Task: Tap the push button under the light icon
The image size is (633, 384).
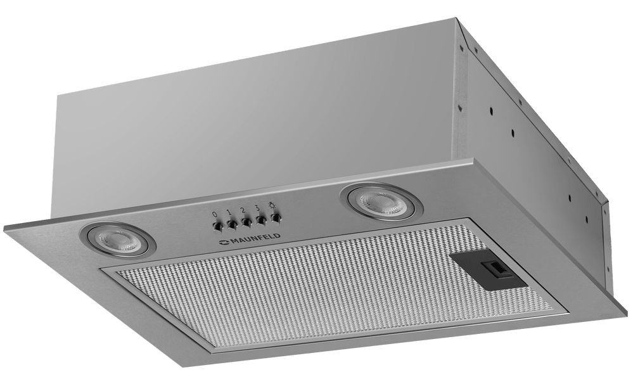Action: click(276, 218)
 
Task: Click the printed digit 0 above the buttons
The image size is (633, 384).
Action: click(215, 214)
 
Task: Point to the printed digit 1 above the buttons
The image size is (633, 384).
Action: click(229, 212)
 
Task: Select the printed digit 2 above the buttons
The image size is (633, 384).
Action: click(243, 210)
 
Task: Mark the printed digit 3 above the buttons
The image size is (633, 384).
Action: click(257, 208)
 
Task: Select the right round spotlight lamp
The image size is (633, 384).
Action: click(381, 202)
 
